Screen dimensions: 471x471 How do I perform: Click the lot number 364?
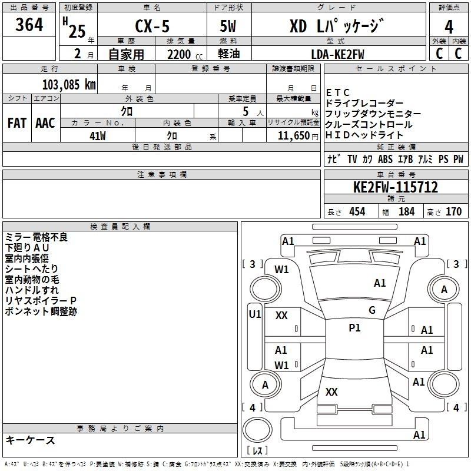pyautogui.click(x=29, y=24)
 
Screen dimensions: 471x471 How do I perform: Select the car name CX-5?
pyautogui.click(x=152, y=26)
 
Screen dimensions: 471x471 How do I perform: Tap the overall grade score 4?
pyautogui.click(x=449, y=26)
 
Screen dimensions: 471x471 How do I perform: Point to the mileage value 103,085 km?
pyautogui.click(x=69, y=85)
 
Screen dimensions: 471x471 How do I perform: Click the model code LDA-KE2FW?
pyautogui.click(x=337, y=54)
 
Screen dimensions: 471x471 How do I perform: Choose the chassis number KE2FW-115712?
pyautogui.click(x=396, y=187)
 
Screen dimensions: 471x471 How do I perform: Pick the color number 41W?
pyautogui.click(x=98, y=136)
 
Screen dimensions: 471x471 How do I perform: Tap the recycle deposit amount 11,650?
pyautogui.click(x=293, y=136)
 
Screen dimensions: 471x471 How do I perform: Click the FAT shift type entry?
pyautogui.click(x=17, y=123)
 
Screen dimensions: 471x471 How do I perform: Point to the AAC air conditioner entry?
pyautogui.click(x=45, y=123)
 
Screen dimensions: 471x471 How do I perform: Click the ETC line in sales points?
pyautogui.click(x=337, y=92)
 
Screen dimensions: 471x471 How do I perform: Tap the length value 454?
pyautogui.click(x=357, y=211)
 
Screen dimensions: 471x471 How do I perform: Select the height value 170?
pyautogui.click(x=453, y=211)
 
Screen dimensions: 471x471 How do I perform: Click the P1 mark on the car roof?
pyautogui.click(x=354, y=328)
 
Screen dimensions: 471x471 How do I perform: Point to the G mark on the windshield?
pyautogui.click(x=372, y=310)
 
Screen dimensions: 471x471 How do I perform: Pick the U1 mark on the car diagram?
pyautogui.click(x=255, y=314)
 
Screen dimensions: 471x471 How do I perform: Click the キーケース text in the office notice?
pyautogui.click(x=30, y=440)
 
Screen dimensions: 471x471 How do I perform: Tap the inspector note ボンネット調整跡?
pyautogui.click(x=41, y=311)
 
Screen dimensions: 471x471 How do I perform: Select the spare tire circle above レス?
pyautogui.click(x=257, y=430)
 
